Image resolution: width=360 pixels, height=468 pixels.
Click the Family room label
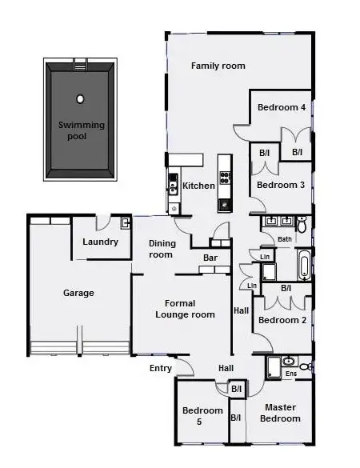pos(218,66)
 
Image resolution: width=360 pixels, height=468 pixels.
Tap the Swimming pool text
pos(78,130)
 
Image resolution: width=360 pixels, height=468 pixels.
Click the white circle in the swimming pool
pos(80,99)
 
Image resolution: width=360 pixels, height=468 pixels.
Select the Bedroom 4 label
pos(281,107)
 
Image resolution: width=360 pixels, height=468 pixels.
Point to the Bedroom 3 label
pos(281,185)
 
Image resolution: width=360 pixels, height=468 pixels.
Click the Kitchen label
pos(198,186)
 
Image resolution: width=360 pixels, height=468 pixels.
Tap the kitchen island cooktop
pos(225,178)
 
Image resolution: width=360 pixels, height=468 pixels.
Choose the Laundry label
pos(101,242)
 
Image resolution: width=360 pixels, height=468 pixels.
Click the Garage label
pos(78,293)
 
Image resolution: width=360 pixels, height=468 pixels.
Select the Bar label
pos(210,258)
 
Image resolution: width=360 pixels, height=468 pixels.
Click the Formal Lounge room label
pos(186,309)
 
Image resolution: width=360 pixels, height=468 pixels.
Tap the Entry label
pos(161,368)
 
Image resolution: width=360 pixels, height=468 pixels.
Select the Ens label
pos(291,374)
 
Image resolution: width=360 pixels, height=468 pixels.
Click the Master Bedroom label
pos(282,413)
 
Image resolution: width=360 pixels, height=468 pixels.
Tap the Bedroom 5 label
pos(197,416)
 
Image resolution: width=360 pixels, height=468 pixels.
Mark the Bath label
pos(284,238)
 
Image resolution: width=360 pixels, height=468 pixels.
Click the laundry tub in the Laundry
pos(125,223)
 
